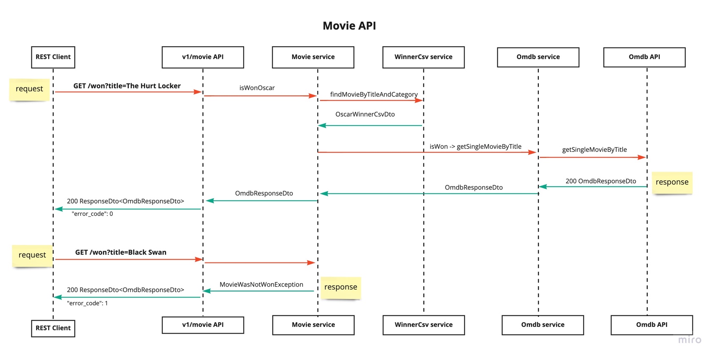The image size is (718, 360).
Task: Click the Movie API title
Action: pyautogui.click(x=349, y=26)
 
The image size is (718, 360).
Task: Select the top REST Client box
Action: pyautogui.click(x=53, y=57)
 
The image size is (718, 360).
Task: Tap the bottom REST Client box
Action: pyautogui.click(x=53, y=328)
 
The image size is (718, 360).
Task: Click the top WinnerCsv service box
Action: pyautogui.click(x=423, y=57)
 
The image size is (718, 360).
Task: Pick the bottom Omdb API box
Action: pyautogui.click(x=651, y=325)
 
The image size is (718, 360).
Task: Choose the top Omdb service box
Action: pyautogui.click(x=538, y=57)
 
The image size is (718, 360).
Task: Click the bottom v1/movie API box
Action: pyautogui.click(x=203, y=325)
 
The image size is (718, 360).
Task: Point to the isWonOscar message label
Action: pyautogui.click(x=257, y=88)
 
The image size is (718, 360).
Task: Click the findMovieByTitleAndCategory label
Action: pyautogui.click(x=373, y=94)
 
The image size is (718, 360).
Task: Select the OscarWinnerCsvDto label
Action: pyautogui.click(x=365, y=114)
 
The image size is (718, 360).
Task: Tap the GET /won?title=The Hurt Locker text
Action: pyautogui.click(x=127, y=86)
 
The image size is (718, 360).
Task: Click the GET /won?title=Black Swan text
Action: pyautogui.click(x=121, y=252)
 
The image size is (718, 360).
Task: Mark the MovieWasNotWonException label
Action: pyautogui.click(x=261, y=285)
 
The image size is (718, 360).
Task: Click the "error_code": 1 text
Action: pyautogui.click(x=87, y=303)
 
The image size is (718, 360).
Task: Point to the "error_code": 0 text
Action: pyautogui.click(x=92, y=214)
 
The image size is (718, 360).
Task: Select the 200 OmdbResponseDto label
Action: pyautogui.click(x=601, y=181)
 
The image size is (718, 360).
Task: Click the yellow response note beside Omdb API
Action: pyautogui.click(x=672, y=182)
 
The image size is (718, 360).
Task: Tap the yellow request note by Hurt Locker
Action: pyautogui.click(x=29, y=89)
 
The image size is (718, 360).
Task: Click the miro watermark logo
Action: pyautogui.click(x=690, y=340)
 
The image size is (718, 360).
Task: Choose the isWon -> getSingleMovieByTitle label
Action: pyautogui.click(x=475, y=146)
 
